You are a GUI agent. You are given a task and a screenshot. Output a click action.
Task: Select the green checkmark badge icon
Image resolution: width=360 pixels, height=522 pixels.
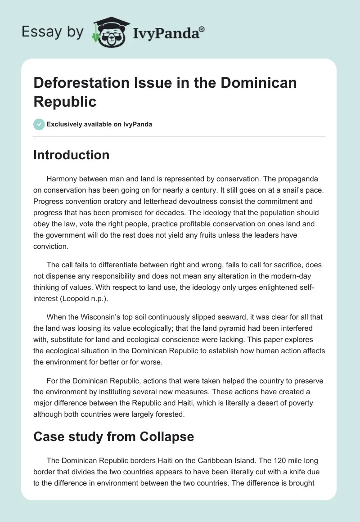[39, 124]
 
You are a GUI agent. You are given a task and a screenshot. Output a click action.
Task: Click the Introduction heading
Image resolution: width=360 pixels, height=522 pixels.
[72, 155]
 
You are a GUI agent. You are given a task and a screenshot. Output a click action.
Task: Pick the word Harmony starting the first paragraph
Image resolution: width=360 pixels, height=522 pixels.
[63, 178]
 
